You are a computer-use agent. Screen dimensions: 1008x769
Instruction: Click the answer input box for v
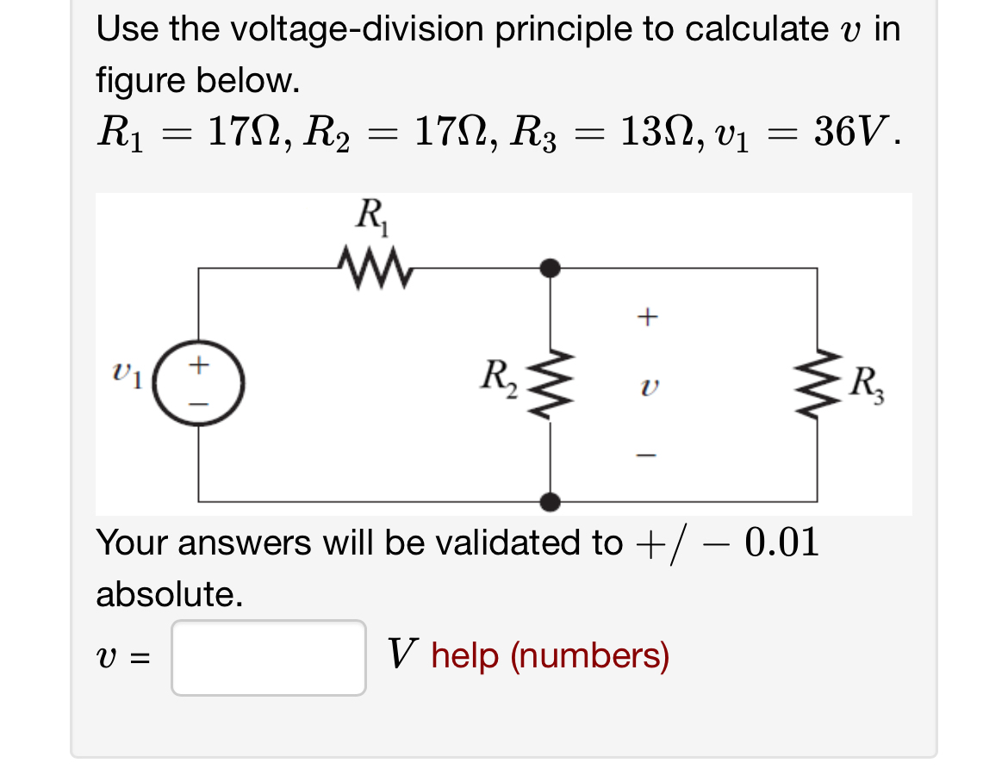(269, 658)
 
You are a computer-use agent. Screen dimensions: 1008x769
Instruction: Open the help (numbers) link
(550, 657)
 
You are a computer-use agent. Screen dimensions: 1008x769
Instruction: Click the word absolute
(168, 594)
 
